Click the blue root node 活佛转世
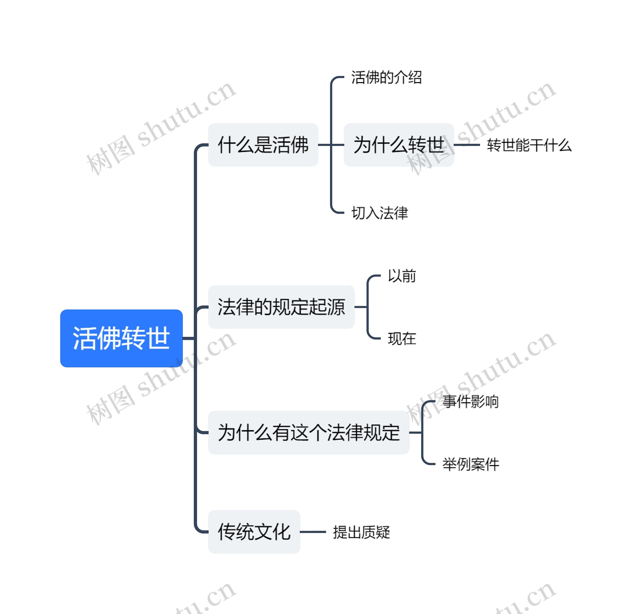pos(121,338)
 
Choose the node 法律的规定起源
pos(281,307)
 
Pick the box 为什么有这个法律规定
pos(308,432)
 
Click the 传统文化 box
pos(254,532)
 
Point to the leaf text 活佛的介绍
pos(386,77)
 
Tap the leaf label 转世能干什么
pos(529,145)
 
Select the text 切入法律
pos(379,213)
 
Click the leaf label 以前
pos(402,276)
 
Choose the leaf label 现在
pos(402,339)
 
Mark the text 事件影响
pos(470,401)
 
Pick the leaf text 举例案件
pos(470,464)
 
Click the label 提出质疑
pos(361,532)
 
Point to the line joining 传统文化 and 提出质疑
pos(312,532)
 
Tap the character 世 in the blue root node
pos(158,338)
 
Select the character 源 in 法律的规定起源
pos(336,307)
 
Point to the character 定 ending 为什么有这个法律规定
pos(390,432)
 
